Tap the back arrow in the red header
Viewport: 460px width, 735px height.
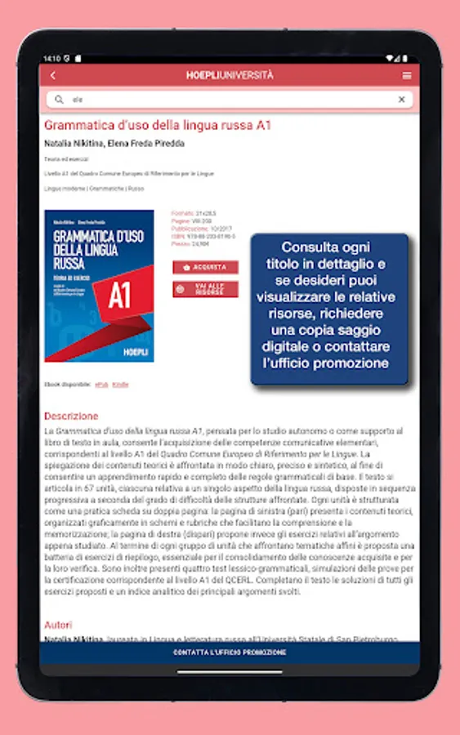coord(53,76)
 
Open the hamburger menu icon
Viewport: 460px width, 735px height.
coord(407,76)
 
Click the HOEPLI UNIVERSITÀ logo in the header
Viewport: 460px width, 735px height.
coord(230,75)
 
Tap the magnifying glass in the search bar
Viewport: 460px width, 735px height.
coord(59,100)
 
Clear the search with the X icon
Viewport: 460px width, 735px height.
coord(401,100)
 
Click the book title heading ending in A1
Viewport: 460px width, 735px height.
coord(158,126)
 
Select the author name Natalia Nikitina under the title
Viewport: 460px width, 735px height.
coord(69,144)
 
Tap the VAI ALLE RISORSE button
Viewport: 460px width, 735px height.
coord(205,289)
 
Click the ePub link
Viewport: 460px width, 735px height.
coord(101,384)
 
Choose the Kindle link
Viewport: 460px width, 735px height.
coord(120,384)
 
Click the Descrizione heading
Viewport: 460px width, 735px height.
coord(71,416)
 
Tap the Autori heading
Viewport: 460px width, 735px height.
coord(57,625)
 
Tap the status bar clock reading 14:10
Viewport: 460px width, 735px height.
coord(51,59)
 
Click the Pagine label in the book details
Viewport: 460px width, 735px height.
coord(180,221)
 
